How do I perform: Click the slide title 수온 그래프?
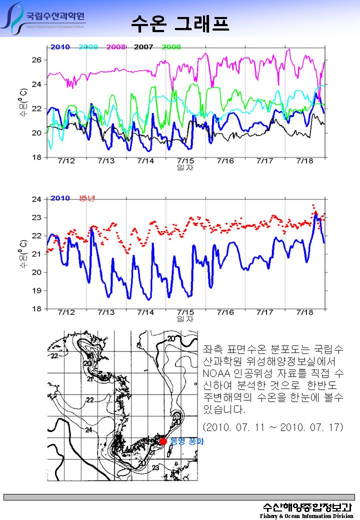(x=180, y=22)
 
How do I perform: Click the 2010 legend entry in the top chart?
(x=59, y=47)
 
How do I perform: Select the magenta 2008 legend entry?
(x=115, y=47)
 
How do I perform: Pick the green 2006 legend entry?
(x=171, y=47)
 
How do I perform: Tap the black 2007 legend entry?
(x=143, y=47)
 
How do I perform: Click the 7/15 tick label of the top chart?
(x=185, y=161)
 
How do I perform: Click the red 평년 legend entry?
(x=86, y=198)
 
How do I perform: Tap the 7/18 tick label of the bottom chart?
(x=304, y=312)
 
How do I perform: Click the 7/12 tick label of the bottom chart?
(x=66, y=312)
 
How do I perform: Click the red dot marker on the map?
(x=162, y=441)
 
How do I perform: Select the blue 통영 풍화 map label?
(x=187, y=441)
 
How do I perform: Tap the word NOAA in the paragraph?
(x=215, y=374)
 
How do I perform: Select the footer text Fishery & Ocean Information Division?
(x=306, y=516)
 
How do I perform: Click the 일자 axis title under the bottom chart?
(x=185, y=318)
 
